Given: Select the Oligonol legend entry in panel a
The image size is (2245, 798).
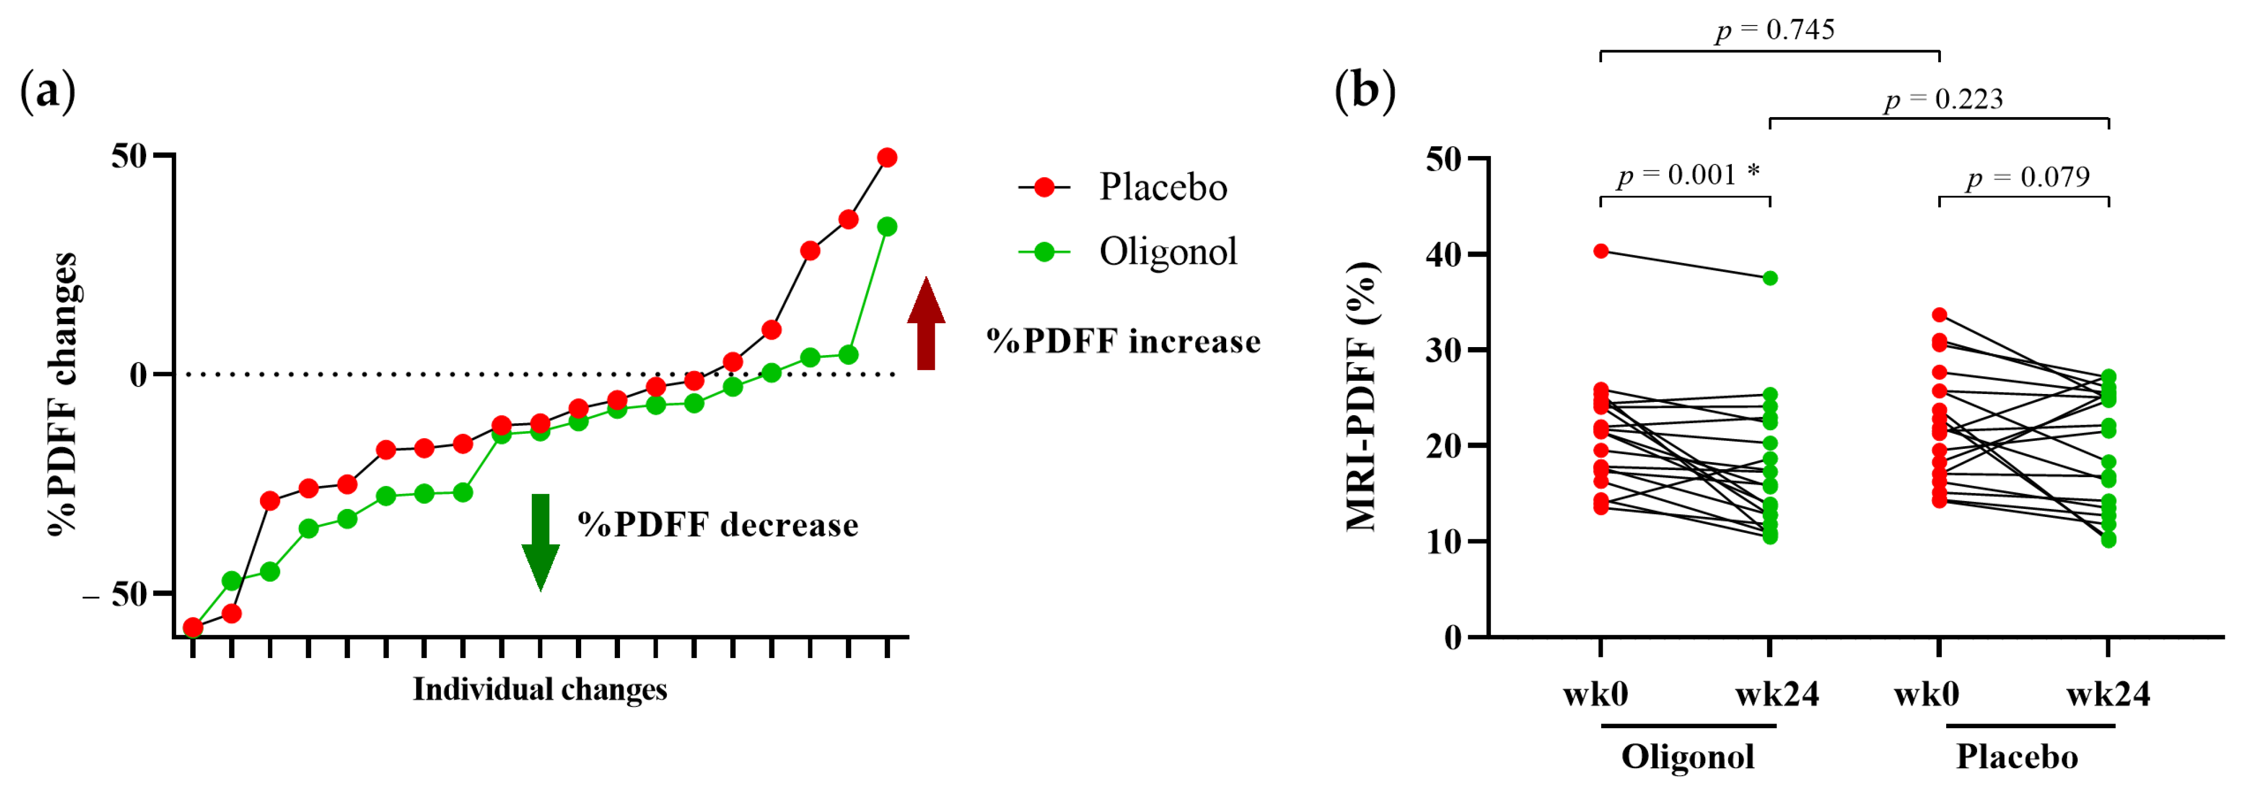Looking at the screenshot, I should tap(1128, 252).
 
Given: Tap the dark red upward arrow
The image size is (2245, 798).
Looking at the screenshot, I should tap(926, 324).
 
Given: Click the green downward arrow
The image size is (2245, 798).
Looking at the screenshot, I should tap(540, 541).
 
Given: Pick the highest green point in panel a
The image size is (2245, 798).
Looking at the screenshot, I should tap(887, 227).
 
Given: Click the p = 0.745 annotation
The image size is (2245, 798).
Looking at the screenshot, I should tap(1774, 30).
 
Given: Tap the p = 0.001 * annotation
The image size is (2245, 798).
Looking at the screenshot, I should tap(1687, 175).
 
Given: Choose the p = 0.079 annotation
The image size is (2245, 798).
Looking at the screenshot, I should tap(2027, 178).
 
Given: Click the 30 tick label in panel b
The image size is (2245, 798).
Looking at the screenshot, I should tap(1443, 350).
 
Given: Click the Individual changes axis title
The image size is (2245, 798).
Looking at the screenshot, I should tap(540, 689).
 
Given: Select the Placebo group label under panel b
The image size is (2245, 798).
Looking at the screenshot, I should tap(2017, 756).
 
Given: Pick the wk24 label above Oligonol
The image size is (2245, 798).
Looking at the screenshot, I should tap(1776, 694).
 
